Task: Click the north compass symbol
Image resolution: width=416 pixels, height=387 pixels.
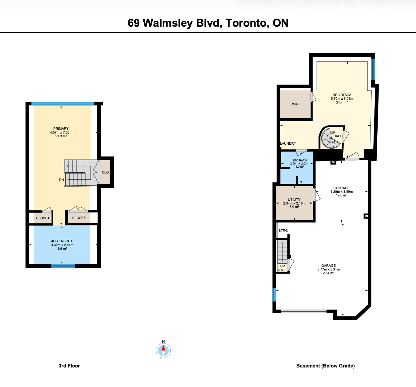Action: coord(163,350)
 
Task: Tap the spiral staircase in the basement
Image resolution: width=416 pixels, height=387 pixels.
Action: coord(331,139)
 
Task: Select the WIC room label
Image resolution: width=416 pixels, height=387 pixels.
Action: coord(295,104)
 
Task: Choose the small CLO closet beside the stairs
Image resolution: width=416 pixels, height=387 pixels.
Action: coord(105,172)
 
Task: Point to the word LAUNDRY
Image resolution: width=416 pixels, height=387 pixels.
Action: coord(288,143)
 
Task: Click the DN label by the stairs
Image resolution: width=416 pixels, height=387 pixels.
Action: coord(61,180)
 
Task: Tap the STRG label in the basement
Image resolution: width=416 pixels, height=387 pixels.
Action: coord(283,231)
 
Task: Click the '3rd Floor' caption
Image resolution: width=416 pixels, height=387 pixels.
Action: coord(69,366)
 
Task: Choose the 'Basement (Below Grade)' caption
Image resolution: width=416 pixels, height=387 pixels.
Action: coord(326,366)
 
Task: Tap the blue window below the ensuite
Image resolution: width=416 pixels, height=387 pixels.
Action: coord(63,266)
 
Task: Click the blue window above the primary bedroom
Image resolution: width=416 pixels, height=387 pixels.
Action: coord(63,103)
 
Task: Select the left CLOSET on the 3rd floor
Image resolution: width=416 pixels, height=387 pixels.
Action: coord(43,218)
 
